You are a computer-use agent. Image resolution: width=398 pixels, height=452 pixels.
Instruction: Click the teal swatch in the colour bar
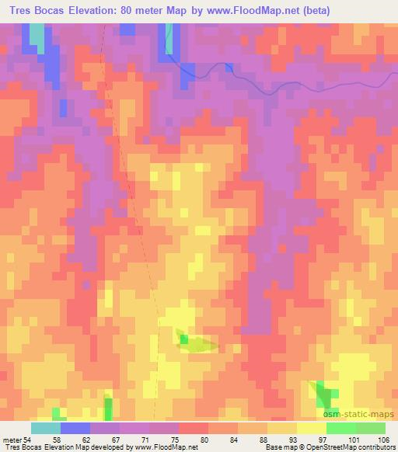46,428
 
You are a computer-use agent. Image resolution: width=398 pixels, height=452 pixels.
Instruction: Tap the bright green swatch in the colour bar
341,428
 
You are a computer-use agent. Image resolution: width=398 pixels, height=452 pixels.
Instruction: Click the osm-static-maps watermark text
361,414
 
